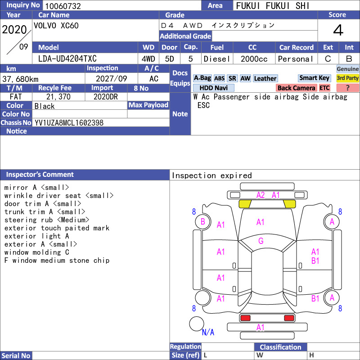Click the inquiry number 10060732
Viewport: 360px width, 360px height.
tap(63, 6)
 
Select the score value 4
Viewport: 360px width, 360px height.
tap(338, 30)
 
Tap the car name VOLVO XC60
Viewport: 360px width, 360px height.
tap(56, 26)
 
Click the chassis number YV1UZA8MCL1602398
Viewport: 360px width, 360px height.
tap(69, 123)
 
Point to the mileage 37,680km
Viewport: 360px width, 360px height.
tap(20, 79)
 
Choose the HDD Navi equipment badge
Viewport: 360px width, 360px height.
tap(213, 88)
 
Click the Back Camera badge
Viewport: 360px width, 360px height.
tap(296, 88)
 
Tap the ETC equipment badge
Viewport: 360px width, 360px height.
tap(324, 88)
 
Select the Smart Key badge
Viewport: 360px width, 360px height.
tap(314, 78)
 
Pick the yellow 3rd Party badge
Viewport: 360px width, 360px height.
tap(347, 78)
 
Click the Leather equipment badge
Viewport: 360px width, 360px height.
tap(265, 78)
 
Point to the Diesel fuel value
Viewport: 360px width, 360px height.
tap(217, 59)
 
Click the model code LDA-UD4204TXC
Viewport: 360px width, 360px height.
tap(67, 59)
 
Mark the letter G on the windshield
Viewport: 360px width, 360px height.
tap(261, 241)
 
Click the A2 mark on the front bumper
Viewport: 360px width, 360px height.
tap(261, 195)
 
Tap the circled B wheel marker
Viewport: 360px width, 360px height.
tap(203, 221)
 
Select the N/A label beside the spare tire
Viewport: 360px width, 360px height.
tap(208, 332)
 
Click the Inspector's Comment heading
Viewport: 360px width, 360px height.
tap(40, 175)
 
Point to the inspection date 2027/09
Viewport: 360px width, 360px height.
tap(111, 79)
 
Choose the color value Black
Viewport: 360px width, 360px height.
tap(45, 106)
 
